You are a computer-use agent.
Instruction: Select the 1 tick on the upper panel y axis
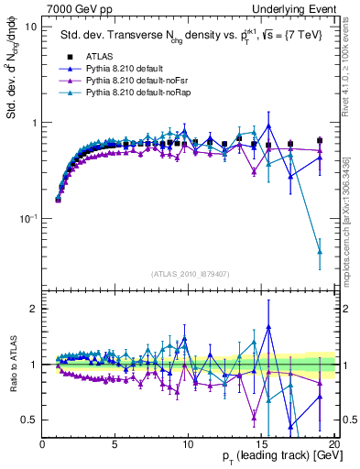click(34, 123)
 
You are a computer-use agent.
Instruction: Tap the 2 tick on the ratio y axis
click(34, 309)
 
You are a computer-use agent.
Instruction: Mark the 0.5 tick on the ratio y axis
click(30, 420)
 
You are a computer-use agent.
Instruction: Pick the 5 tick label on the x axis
click(115, 444)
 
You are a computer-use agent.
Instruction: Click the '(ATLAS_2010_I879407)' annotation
click(189, 273)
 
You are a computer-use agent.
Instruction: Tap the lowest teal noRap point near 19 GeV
click(320, 251)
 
